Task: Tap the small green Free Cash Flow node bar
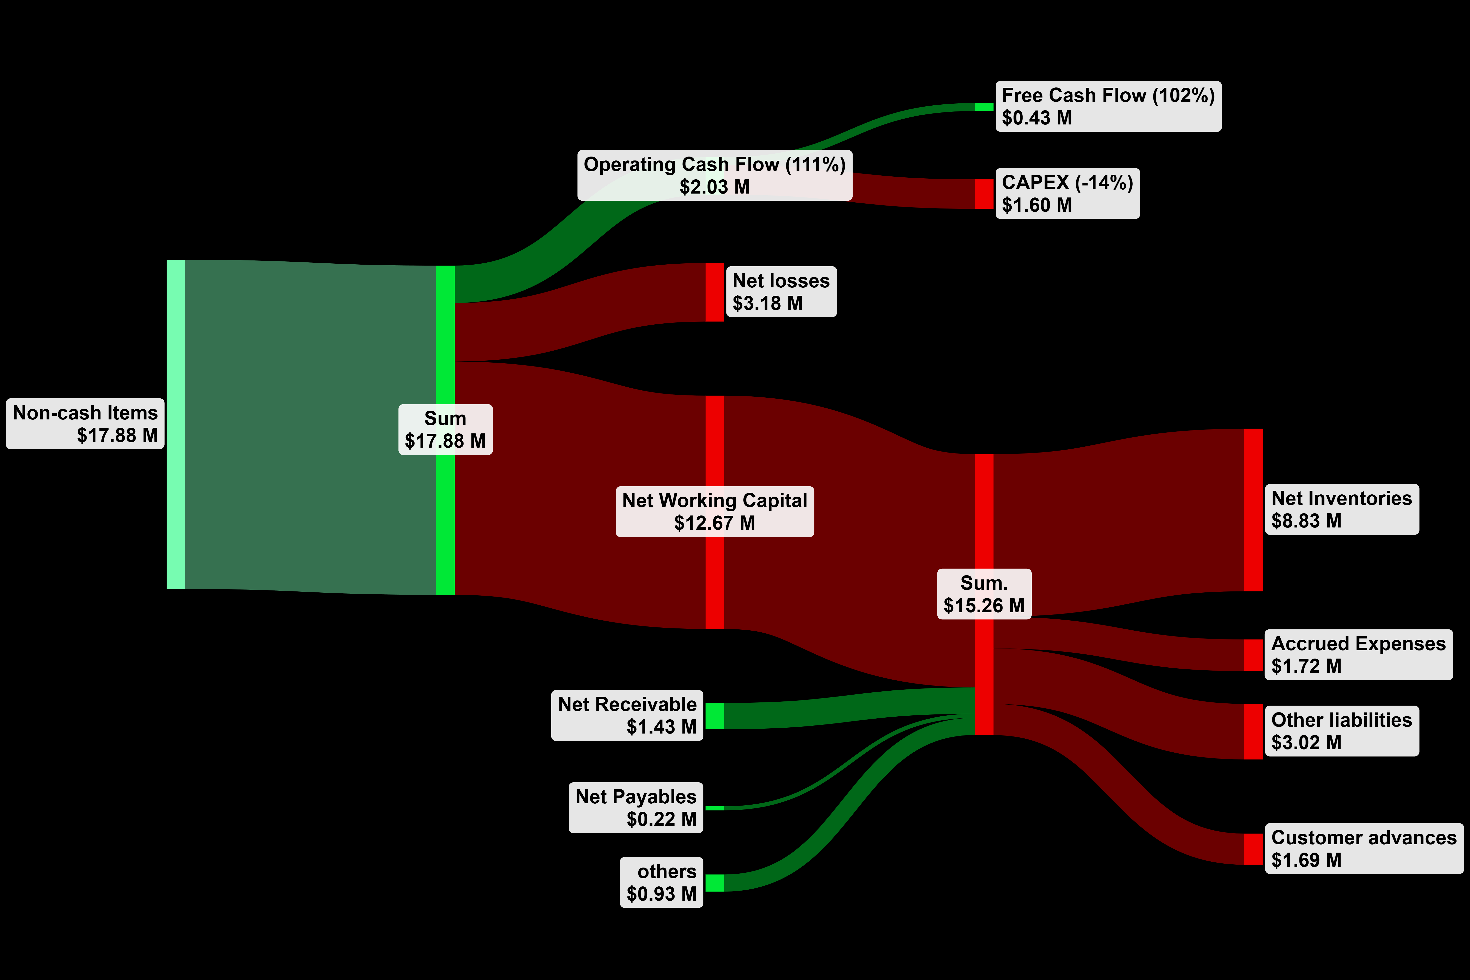984,107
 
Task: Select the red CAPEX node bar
984,194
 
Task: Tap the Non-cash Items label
86,413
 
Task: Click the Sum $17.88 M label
445,429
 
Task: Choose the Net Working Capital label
714,501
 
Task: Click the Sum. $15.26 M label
984,594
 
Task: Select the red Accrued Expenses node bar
1253,655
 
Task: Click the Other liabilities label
1341,720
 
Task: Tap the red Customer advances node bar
1253,849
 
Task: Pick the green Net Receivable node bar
714,716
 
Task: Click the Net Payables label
636,797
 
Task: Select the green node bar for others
714,882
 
